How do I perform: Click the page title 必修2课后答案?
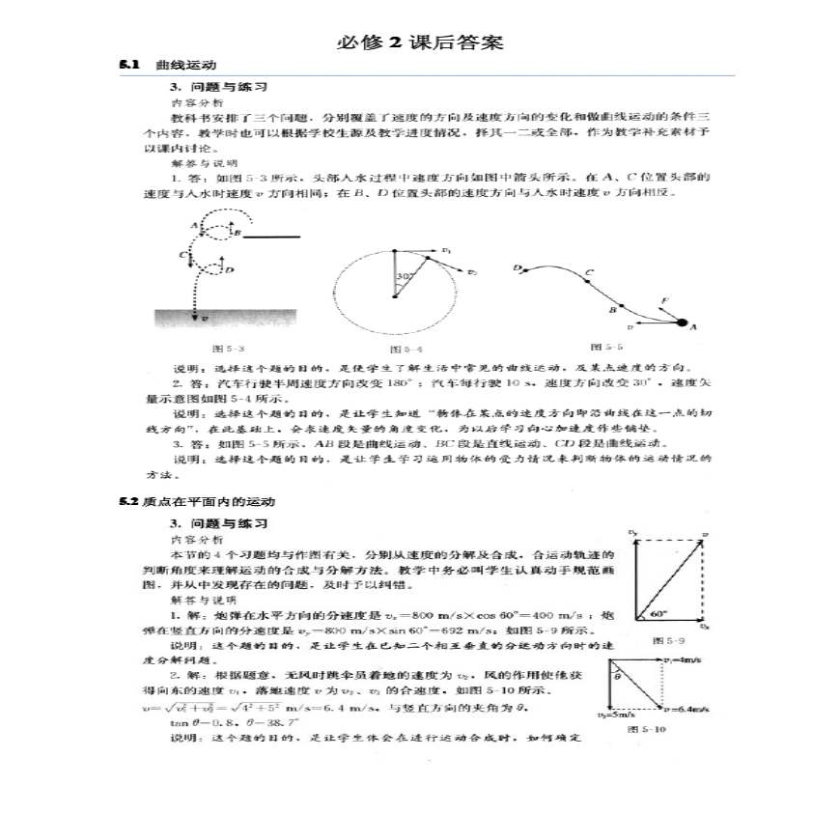pos(420,43)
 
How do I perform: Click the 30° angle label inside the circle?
pos(406,276)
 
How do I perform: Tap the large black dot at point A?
pos(682,323)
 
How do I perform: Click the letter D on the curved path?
pos(518,267)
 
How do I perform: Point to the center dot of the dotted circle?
pos(393,296)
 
